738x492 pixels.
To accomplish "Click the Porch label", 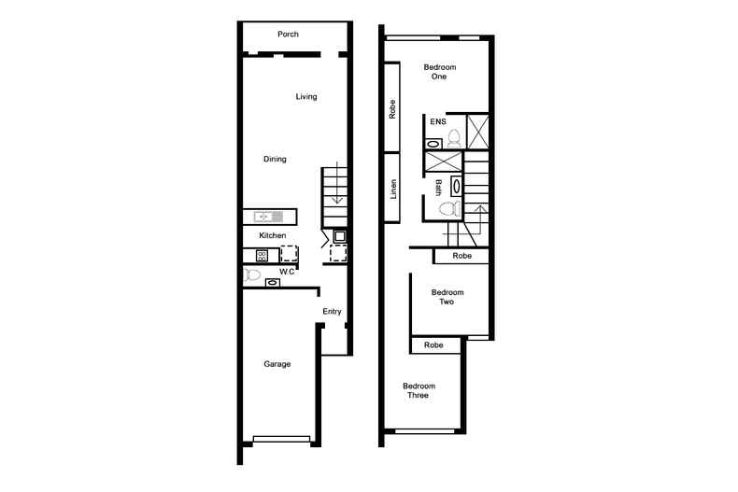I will click(x=288, y=35).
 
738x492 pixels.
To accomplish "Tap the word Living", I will click(x=305, y=96).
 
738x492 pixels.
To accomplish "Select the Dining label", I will click(x=274, y=160).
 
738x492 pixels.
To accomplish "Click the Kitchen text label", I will click(x=272, y=235).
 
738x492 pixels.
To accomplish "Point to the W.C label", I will click(x=287, y=272).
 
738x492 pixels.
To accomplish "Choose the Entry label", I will click(x=332, y=311).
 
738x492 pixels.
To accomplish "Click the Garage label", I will click(x=277, y=364).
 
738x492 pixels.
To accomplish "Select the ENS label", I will click(x=437, y=121).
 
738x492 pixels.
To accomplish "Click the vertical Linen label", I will click(x=394, y=190).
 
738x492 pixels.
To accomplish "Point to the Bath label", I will click(x=437, y=187).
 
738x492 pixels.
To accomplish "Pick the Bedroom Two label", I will click(x=447, y=297).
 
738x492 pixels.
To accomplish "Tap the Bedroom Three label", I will click(x=419, y=390).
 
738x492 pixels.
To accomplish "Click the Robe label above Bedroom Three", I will click(x=433, y=345).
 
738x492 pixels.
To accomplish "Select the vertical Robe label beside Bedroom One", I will click(x=394, y=112).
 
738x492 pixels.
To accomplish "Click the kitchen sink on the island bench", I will click(x=263, y=217).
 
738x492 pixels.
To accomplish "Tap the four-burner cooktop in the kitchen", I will click(x=263, y=254).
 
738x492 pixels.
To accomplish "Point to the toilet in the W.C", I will click(x=252, y=275).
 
